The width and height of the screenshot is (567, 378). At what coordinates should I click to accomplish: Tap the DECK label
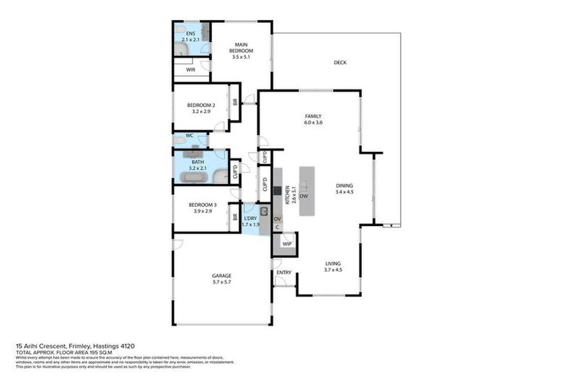tap(340, 63)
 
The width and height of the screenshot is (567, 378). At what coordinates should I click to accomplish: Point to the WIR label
tap(190, 69)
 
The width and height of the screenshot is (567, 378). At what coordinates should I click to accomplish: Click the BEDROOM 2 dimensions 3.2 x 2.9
tap(201, 111)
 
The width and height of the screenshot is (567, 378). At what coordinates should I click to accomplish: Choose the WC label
tap(189, 136)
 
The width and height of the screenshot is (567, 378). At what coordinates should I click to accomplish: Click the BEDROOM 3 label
tap(202, 205)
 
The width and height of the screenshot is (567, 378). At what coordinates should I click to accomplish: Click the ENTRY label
tap(283, 272)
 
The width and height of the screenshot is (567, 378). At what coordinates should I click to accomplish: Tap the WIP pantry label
tap(286, 243)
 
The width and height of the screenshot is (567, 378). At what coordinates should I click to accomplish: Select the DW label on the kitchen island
tap(303, 196)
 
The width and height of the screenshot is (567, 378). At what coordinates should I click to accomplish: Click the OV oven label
tap(278, 219)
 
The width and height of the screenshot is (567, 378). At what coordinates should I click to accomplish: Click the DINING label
tap(345, 186)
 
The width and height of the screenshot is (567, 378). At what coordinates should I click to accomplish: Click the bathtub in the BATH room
tap(220, 176)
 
